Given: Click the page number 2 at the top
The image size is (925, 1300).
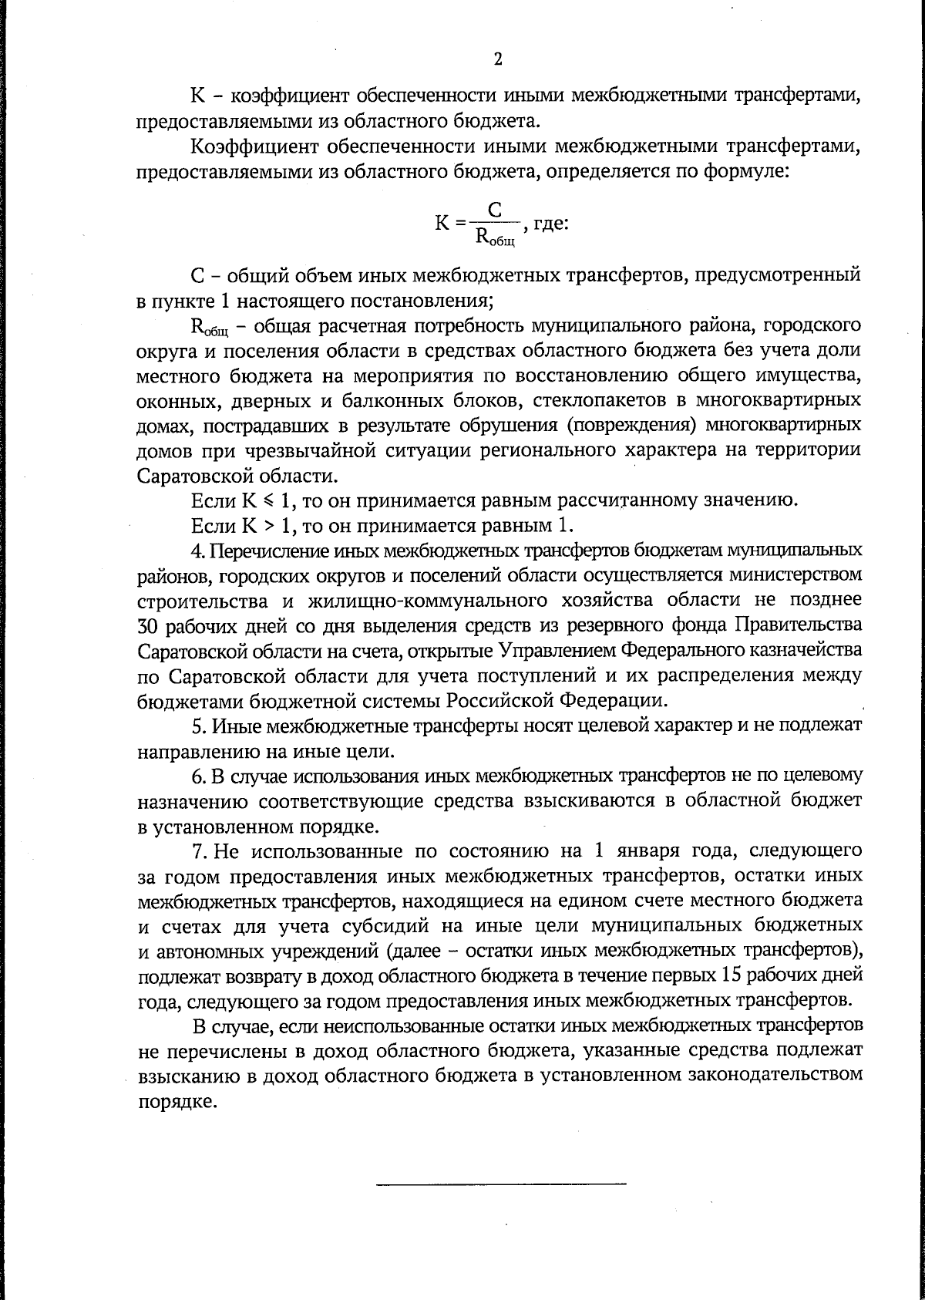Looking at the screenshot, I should (497, 59).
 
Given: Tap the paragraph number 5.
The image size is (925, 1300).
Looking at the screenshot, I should (196, 726).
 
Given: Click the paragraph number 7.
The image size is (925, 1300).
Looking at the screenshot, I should (197, 850).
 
